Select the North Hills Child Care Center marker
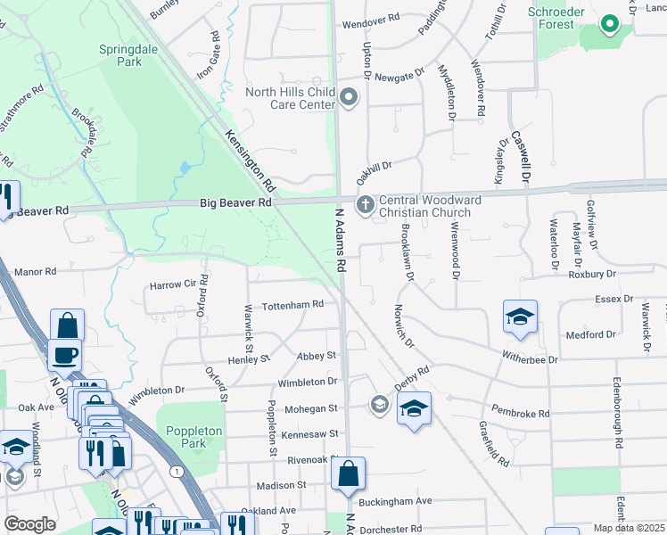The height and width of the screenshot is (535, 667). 349,97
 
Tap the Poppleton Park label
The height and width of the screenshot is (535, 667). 194,437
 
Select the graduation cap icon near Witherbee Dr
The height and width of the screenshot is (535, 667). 520,317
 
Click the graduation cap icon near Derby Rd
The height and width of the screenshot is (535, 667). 414,408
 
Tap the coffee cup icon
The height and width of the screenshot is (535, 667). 65,355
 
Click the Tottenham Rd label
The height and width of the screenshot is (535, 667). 292,305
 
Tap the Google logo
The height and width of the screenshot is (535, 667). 29,524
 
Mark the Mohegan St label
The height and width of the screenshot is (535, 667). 310,407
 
